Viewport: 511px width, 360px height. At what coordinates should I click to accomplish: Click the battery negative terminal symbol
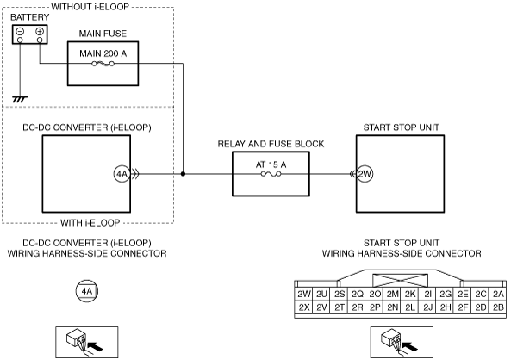coord(20,31)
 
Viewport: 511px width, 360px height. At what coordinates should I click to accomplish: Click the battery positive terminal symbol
coord(40,31)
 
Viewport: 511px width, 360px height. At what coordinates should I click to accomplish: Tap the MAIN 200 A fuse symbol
coord(103,64)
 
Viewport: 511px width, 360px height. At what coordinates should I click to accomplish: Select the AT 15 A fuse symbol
coord(271,174)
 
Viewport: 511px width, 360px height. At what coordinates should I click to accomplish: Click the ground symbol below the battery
coord(20,99)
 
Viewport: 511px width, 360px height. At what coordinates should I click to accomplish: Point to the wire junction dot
coord(183,174)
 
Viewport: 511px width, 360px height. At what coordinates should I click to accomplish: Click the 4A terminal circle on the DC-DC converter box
coord(122,174)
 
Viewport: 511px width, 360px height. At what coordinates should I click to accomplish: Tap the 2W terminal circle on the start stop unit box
coord(365,174)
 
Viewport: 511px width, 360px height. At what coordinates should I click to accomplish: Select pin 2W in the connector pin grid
coord(303,294)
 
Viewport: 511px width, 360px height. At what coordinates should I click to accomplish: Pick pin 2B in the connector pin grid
coord(498,307)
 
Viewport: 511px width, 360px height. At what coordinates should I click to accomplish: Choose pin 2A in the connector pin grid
coord(498,294)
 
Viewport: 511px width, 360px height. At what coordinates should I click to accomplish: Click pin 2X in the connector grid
coord(303,307)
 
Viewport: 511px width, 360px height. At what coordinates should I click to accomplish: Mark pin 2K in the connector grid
coord(410,294)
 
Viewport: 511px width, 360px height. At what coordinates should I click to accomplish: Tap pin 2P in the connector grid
coord(375,307)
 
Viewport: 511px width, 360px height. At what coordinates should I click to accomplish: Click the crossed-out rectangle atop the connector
coord(400,281)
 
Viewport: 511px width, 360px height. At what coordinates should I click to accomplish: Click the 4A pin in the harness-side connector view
coord(87,291)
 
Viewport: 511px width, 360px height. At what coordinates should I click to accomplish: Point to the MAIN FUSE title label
coord(103,34)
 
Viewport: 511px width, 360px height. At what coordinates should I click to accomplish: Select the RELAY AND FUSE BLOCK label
coord(271,144)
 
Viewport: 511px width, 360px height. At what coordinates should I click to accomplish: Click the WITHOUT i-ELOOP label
coord(90,7)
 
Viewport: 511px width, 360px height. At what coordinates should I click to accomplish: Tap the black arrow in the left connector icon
coord(96,346)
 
